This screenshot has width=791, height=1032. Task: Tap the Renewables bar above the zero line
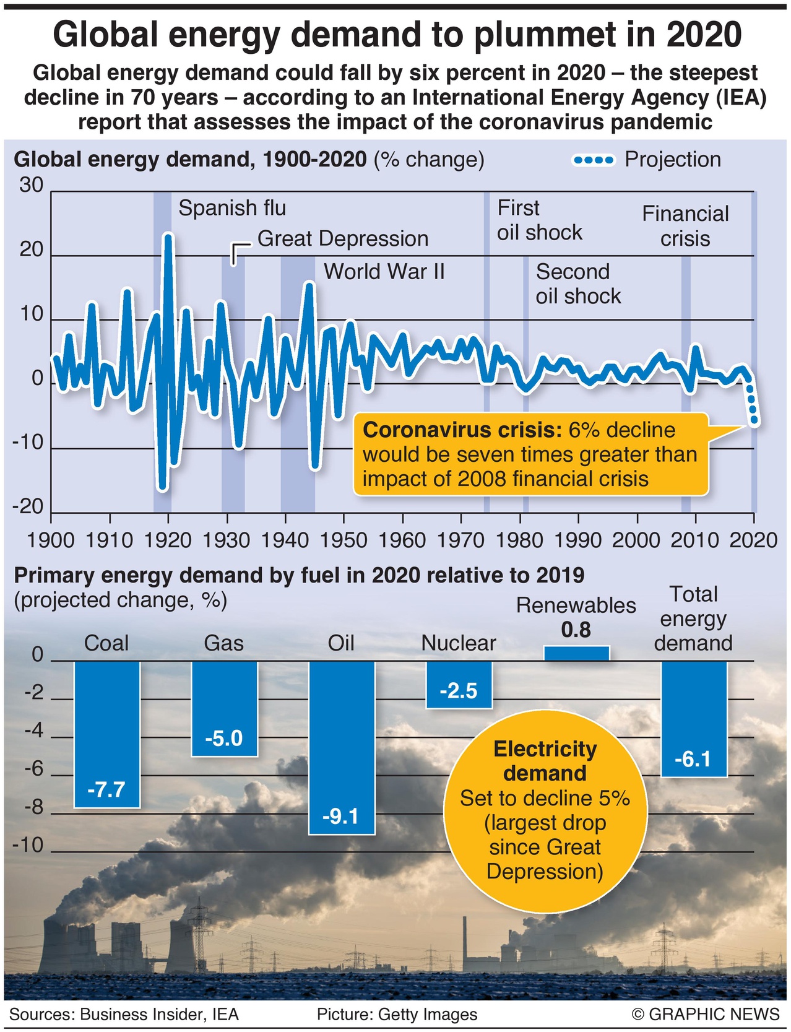(x=576, y=654)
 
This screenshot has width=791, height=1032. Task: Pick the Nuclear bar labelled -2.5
(x=459, y=685)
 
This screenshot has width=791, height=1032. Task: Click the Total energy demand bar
(x=694, y=718)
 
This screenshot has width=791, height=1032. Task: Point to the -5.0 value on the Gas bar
(x=223, y=739)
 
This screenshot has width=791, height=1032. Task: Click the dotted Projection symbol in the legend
(x=594, y=160)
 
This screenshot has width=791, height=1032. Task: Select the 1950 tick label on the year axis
(x=344, y=540)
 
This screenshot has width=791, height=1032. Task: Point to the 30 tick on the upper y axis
(x=31, y=185)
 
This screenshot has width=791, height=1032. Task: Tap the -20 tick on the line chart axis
(x=28, y=507)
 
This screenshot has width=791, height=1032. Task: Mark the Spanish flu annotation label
(x=232, y=208)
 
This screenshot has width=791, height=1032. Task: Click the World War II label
(x=384, y=272)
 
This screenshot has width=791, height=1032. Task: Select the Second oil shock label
(x=578, y=284)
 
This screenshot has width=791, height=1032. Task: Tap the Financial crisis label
(x=685, y=226)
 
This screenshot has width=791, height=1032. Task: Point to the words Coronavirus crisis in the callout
(x=462, y=430)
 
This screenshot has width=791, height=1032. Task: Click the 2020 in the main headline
(x=704, y=35)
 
